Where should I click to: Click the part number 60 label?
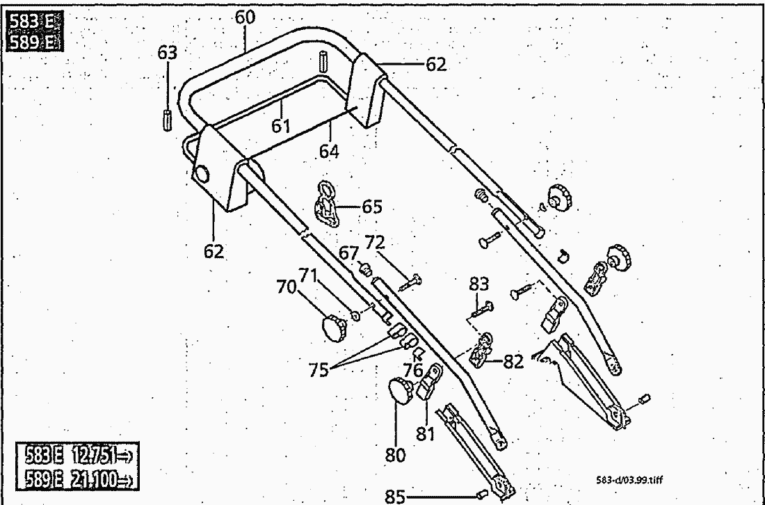[x=245, y=17]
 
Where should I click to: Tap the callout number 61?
[x=282, y=125]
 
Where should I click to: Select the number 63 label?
[x=168, y=53]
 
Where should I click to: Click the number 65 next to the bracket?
[x=373, y=207]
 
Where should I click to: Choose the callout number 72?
[x=374, y=243]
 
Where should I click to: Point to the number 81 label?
[x=425, y=434]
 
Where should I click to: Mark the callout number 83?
[x=478, y=284]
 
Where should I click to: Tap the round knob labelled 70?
[x=332, y=326]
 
